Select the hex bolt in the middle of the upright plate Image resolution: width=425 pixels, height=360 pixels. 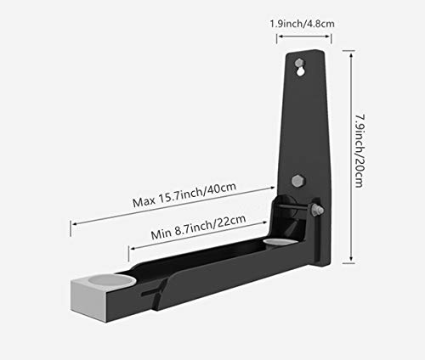[x=297, y=180]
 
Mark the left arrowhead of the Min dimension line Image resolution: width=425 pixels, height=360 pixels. [x=131, y=248]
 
